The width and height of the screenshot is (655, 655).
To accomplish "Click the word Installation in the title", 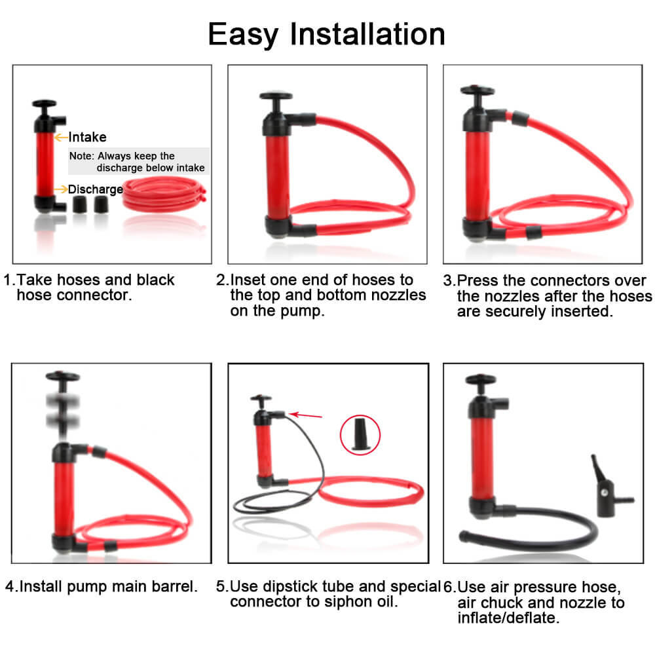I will [368, 33].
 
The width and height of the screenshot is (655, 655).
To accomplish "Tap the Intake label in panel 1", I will [87, 138].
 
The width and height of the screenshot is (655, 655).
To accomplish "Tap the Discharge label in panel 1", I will [96, 189].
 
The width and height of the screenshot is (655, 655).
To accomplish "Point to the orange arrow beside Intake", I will [61, 138].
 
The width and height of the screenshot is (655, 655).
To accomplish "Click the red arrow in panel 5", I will [304, 414].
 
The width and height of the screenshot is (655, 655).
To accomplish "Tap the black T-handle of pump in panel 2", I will [276, 98].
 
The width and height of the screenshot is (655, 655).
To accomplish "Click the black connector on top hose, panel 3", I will [520, 119].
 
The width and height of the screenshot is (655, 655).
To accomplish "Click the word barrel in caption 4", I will [177, 586].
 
